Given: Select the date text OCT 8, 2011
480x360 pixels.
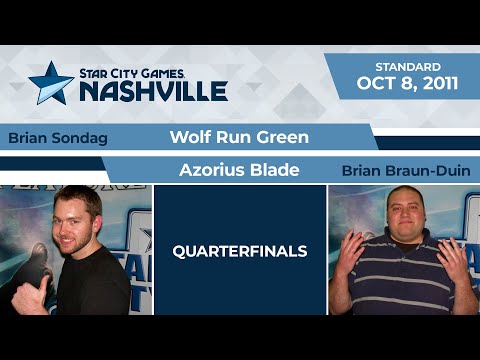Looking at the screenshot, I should click(408, 83).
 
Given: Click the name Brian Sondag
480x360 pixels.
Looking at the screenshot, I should click(57, 138).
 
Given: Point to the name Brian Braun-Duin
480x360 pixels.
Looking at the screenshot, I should click(405, 170).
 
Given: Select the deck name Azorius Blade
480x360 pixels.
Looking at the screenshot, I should click(239, 170).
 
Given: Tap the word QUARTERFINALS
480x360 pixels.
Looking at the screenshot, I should click(240, 251).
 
